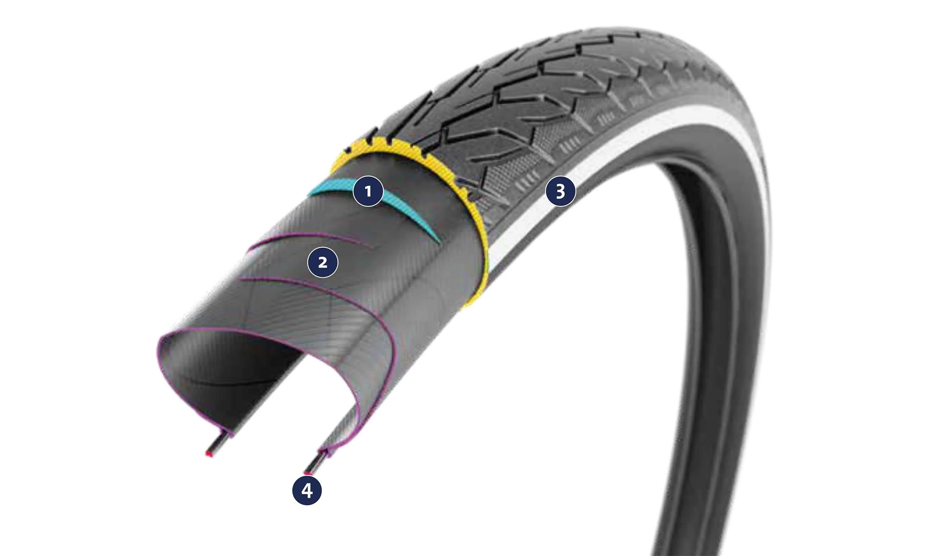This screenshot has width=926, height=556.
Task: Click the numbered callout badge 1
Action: pos(368,191)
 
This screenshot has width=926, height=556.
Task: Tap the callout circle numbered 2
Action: pos(323,262)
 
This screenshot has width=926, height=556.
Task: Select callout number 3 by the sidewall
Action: pos(560,191)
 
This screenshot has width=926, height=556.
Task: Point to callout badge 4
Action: pos(307,490)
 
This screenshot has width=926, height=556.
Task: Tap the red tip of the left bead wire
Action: pos(209,454)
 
